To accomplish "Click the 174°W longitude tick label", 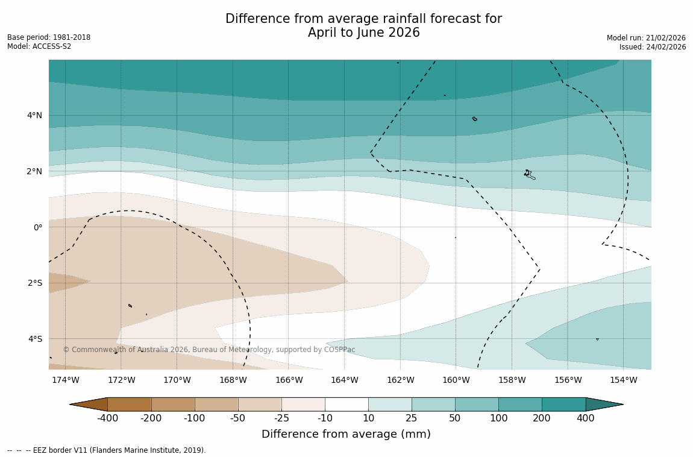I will [x=65, y=380].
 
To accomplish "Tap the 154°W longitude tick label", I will [x=623, y=380].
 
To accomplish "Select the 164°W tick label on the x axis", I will [x=344, y=380].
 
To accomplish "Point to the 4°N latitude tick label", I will [x=34, y=115].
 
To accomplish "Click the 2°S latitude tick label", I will [x=34, y=283].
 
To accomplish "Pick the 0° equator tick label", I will [x=37, y=227].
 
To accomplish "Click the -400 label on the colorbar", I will [x=108, y=418].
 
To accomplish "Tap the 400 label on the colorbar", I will [x=585, y=418].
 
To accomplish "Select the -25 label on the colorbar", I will [x=281, y=418].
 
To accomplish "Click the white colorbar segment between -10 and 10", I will [x=346, y=405].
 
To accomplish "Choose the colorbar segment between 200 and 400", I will [x=563, y=405].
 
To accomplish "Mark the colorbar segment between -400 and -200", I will [x=130, y=405].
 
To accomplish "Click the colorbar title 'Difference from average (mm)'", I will [x=346, y=434].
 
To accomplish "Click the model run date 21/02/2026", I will [x=665, y=38].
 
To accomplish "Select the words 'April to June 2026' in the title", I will [x=363, y=33].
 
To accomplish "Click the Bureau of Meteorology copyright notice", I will [x=209, y=350].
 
